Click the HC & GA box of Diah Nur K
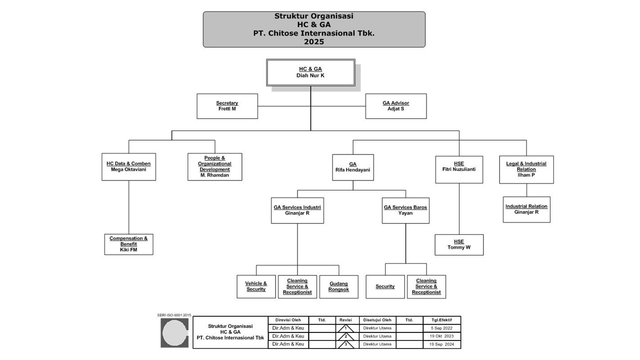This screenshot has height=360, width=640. coord(310,72)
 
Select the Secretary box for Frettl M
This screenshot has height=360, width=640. coord(227,106)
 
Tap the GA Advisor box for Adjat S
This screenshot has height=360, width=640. coord(395,106)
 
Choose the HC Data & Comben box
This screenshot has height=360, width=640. coord(128,166)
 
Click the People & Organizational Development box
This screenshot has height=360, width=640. coord(214,166)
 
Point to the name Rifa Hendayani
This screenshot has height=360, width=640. coord(353,170)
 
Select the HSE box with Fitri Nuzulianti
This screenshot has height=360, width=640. coord(458,169)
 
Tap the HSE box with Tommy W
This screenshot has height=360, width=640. coord(458,244)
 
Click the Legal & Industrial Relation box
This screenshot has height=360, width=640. coord(526,169)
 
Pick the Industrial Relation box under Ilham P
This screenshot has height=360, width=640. coord(526,209)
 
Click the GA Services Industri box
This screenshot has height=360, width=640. coord(297,210)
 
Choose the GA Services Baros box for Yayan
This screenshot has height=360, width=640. coord(405,210)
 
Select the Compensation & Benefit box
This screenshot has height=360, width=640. coord(128,244)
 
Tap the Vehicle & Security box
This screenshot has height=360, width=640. coord(256,286)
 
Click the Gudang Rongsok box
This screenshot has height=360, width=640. coord(338,286)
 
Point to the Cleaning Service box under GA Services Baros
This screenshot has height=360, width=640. coord(426,286)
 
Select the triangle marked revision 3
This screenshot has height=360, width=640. coord(345,344)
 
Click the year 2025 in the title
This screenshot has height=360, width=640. coord(314,42)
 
